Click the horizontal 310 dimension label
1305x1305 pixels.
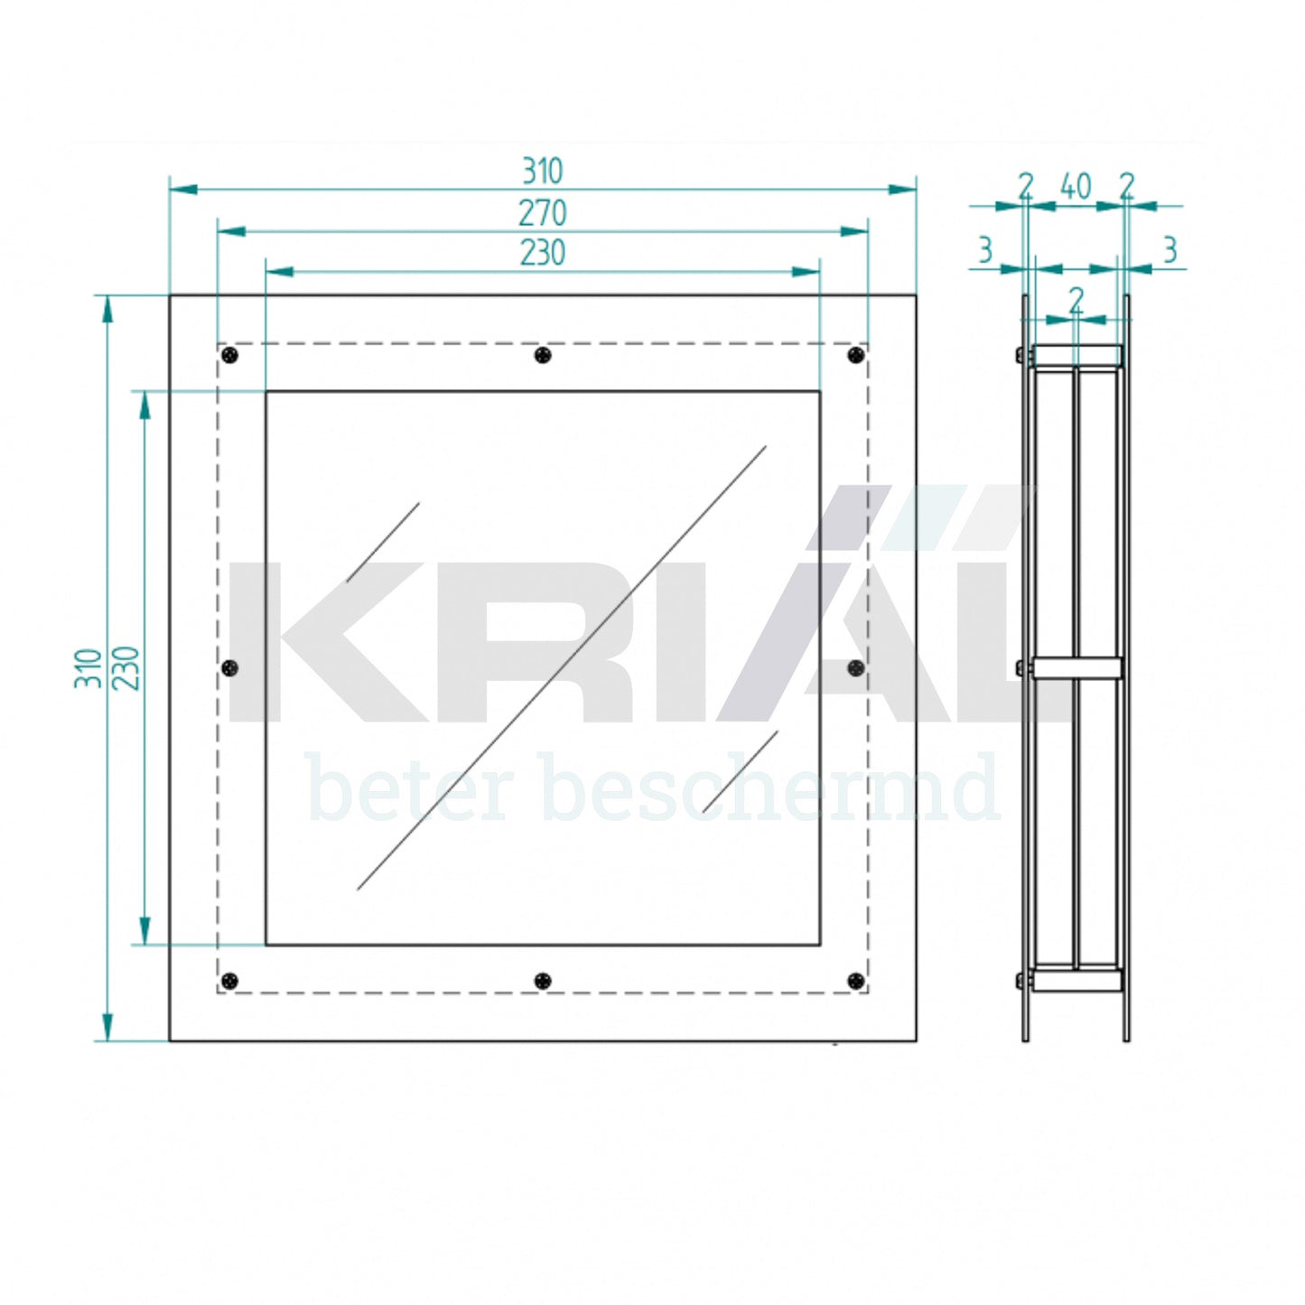click(x=543, y=172)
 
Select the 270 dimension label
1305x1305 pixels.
click(x=543, y=213)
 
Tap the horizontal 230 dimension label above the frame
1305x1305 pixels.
click(x=543, y=253)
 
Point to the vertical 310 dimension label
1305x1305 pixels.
click(x=88, y=668)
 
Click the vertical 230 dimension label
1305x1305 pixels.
click(x=126, y=668)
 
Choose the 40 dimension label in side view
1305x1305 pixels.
click(x=1076, y=186)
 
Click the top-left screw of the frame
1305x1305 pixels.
click(x=231, y=355)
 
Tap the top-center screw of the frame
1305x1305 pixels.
click(x=543, y=355)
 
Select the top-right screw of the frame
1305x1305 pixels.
click(x=857, y=355)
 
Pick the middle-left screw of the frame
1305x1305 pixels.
click(x=231, y=668)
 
